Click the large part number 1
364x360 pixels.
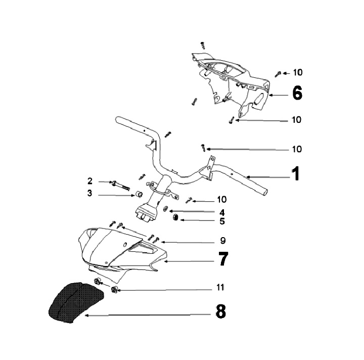pyautogui.click(x=296, y=173)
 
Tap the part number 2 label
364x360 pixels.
pyautogui.click(x=90, y=181)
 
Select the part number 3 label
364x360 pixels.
pyautogui.click(x=90, y=193)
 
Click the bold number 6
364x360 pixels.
pyautogui.click(x=297, y=93)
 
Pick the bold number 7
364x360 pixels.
pyautogui.click(x=223, y=259)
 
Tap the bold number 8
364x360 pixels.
pyautogui.click(x=220, y=311)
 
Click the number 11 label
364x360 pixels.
pyautogui.click(x=220, y=287)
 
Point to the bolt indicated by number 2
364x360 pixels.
pyautogui.click(x=119, y=183)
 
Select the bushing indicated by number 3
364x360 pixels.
pyautogui.click(x=137, y=194)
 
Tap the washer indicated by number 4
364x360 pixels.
pyautogui.click(x=166, y=209)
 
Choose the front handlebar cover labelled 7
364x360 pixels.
pyautogui.click(x=121, y=250)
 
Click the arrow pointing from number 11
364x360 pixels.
pyautogui.click(x=162, y=289)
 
